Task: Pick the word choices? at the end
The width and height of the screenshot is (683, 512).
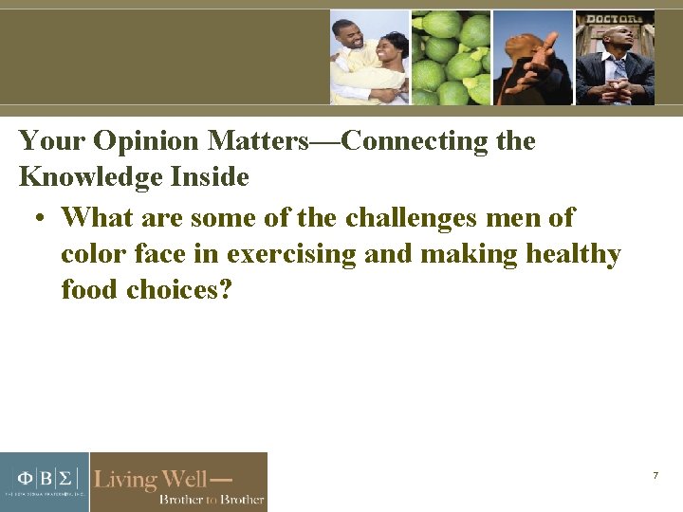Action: point(179,289)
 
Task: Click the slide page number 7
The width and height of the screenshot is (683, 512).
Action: point(655,474)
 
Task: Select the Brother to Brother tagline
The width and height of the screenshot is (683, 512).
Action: point(211,499)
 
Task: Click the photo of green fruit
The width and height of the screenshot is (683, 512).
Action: point(451,57)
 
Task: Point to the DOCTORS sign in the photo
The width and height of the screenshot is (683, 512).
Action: point(614,19)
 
